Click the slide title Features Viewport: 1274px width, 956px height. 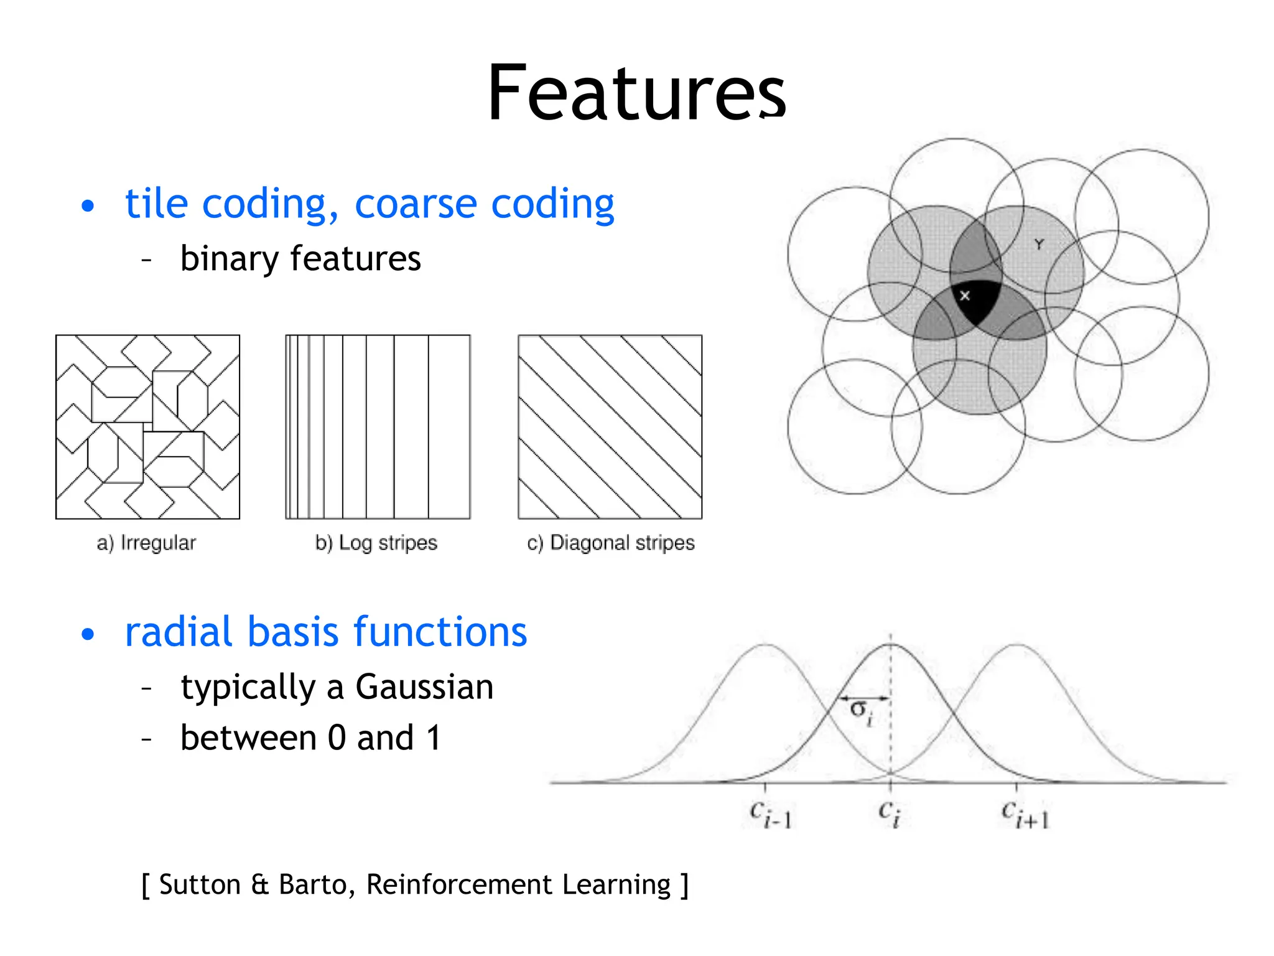(x=636, y=93)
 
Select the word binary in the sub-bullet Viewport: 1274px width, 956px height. (x=229, y=259)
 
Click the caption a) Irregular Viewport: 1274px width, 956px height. (x=146, y=543)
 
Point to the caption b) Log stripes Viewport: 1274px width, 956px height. (x=376, y=543)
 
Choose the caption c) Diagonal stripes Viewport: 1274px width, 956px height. (x=610, y=543)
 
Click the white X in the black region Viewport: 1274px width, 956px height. (x=965, y=296)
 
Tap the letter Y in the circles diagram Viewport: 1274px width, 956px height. (x=1039, y=245)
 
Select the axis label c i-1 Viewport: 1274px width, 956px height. (x=770, y=814)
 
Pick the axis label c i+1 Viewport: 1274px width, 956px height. (x=1024, y=814)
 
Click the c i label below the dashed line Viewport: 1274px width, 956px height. (x=889, y=813)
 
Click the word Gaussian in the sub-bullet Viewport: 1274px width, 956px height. (x=424, y=687)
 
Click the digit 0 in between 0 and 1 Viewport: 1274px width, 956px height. (x=337, y=738)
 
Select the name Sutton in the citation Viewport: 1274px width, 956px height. (x=200, y=884)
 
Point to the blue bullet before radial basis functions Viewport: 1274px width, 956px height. (x=88, y=634)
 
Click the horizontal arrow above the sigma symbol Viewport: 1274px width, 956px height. (x=865, y=698)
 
